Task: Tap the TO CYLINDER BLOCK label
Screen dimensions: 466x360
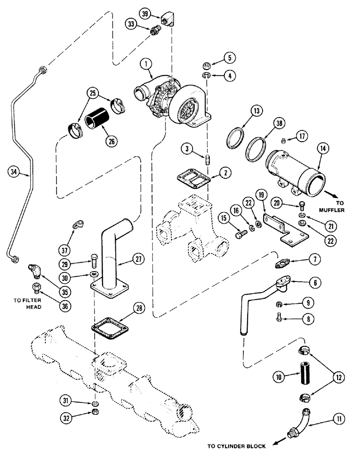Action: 230,446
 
